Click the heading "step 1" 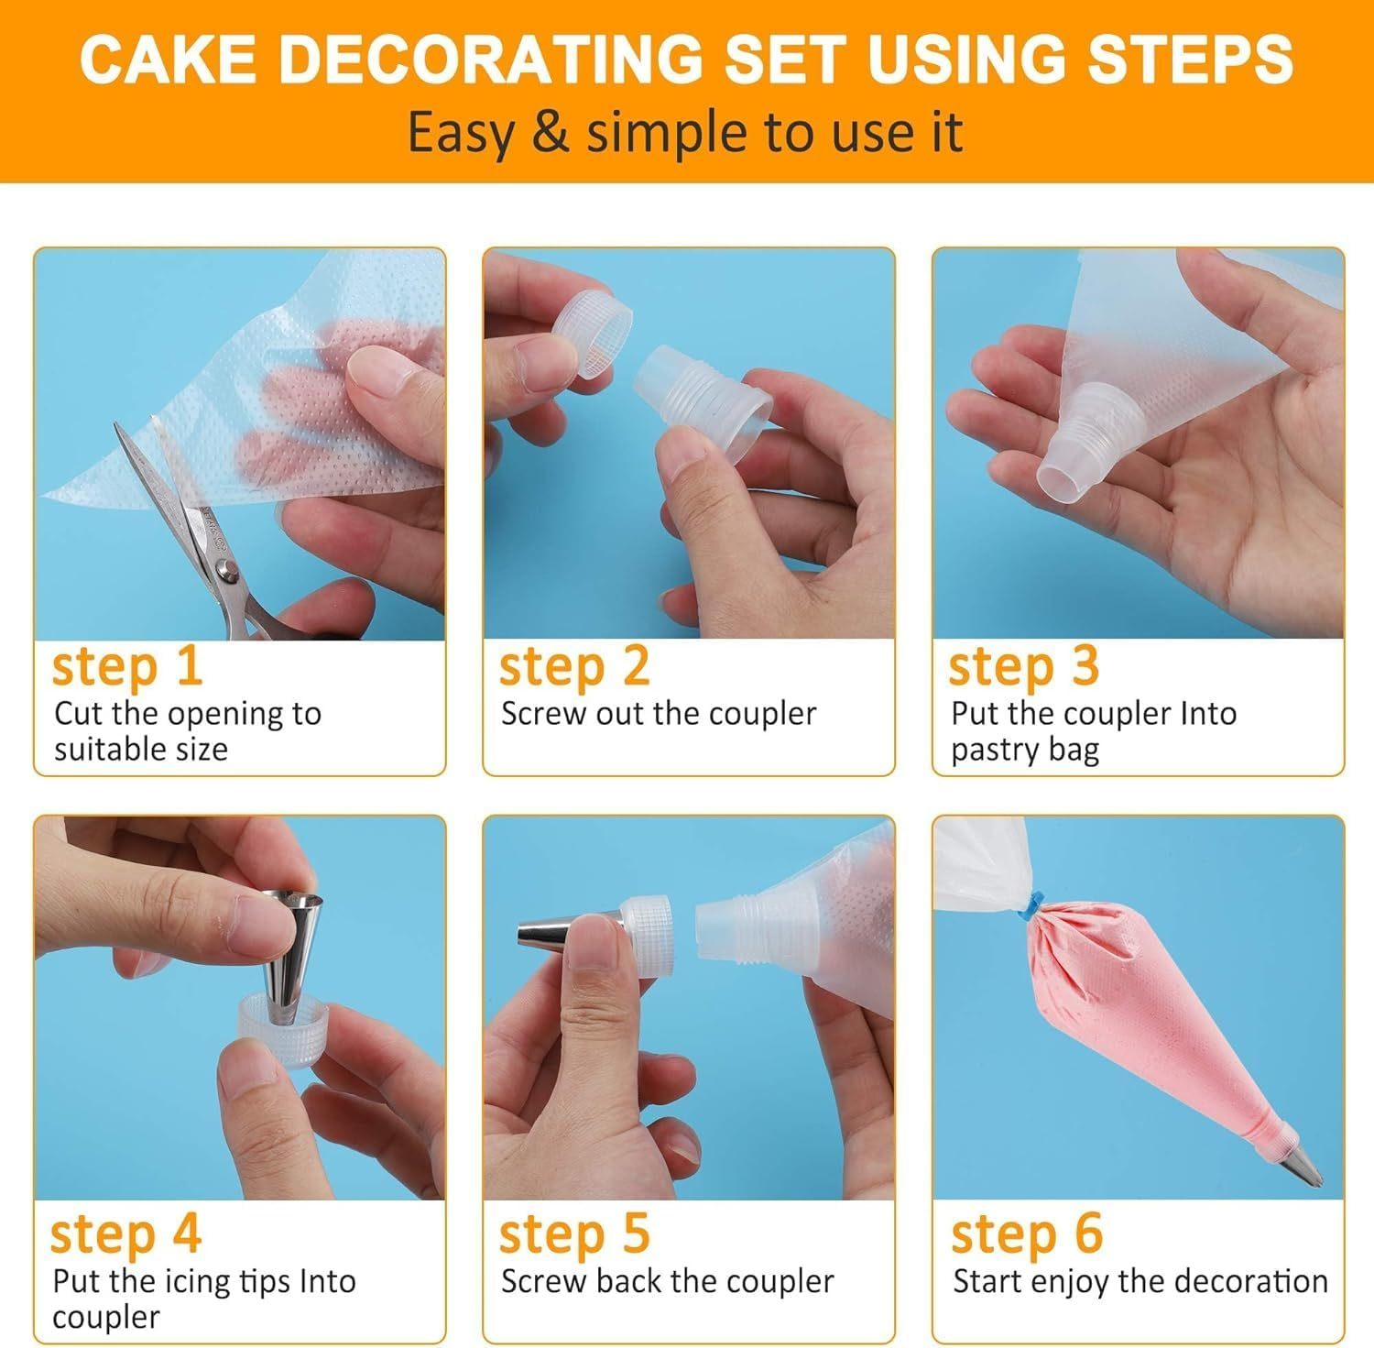pos(126,666)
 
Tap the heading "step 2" pos(574,666)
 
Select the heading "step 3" pos(1023,666)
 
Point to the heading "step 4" pos(125,1234)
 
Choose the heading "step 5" pos(574,1234)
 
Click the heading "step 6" pos(1027,1234)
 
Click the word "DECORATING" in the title pos(500,59)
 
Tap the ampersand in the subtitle pos(550,132)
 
